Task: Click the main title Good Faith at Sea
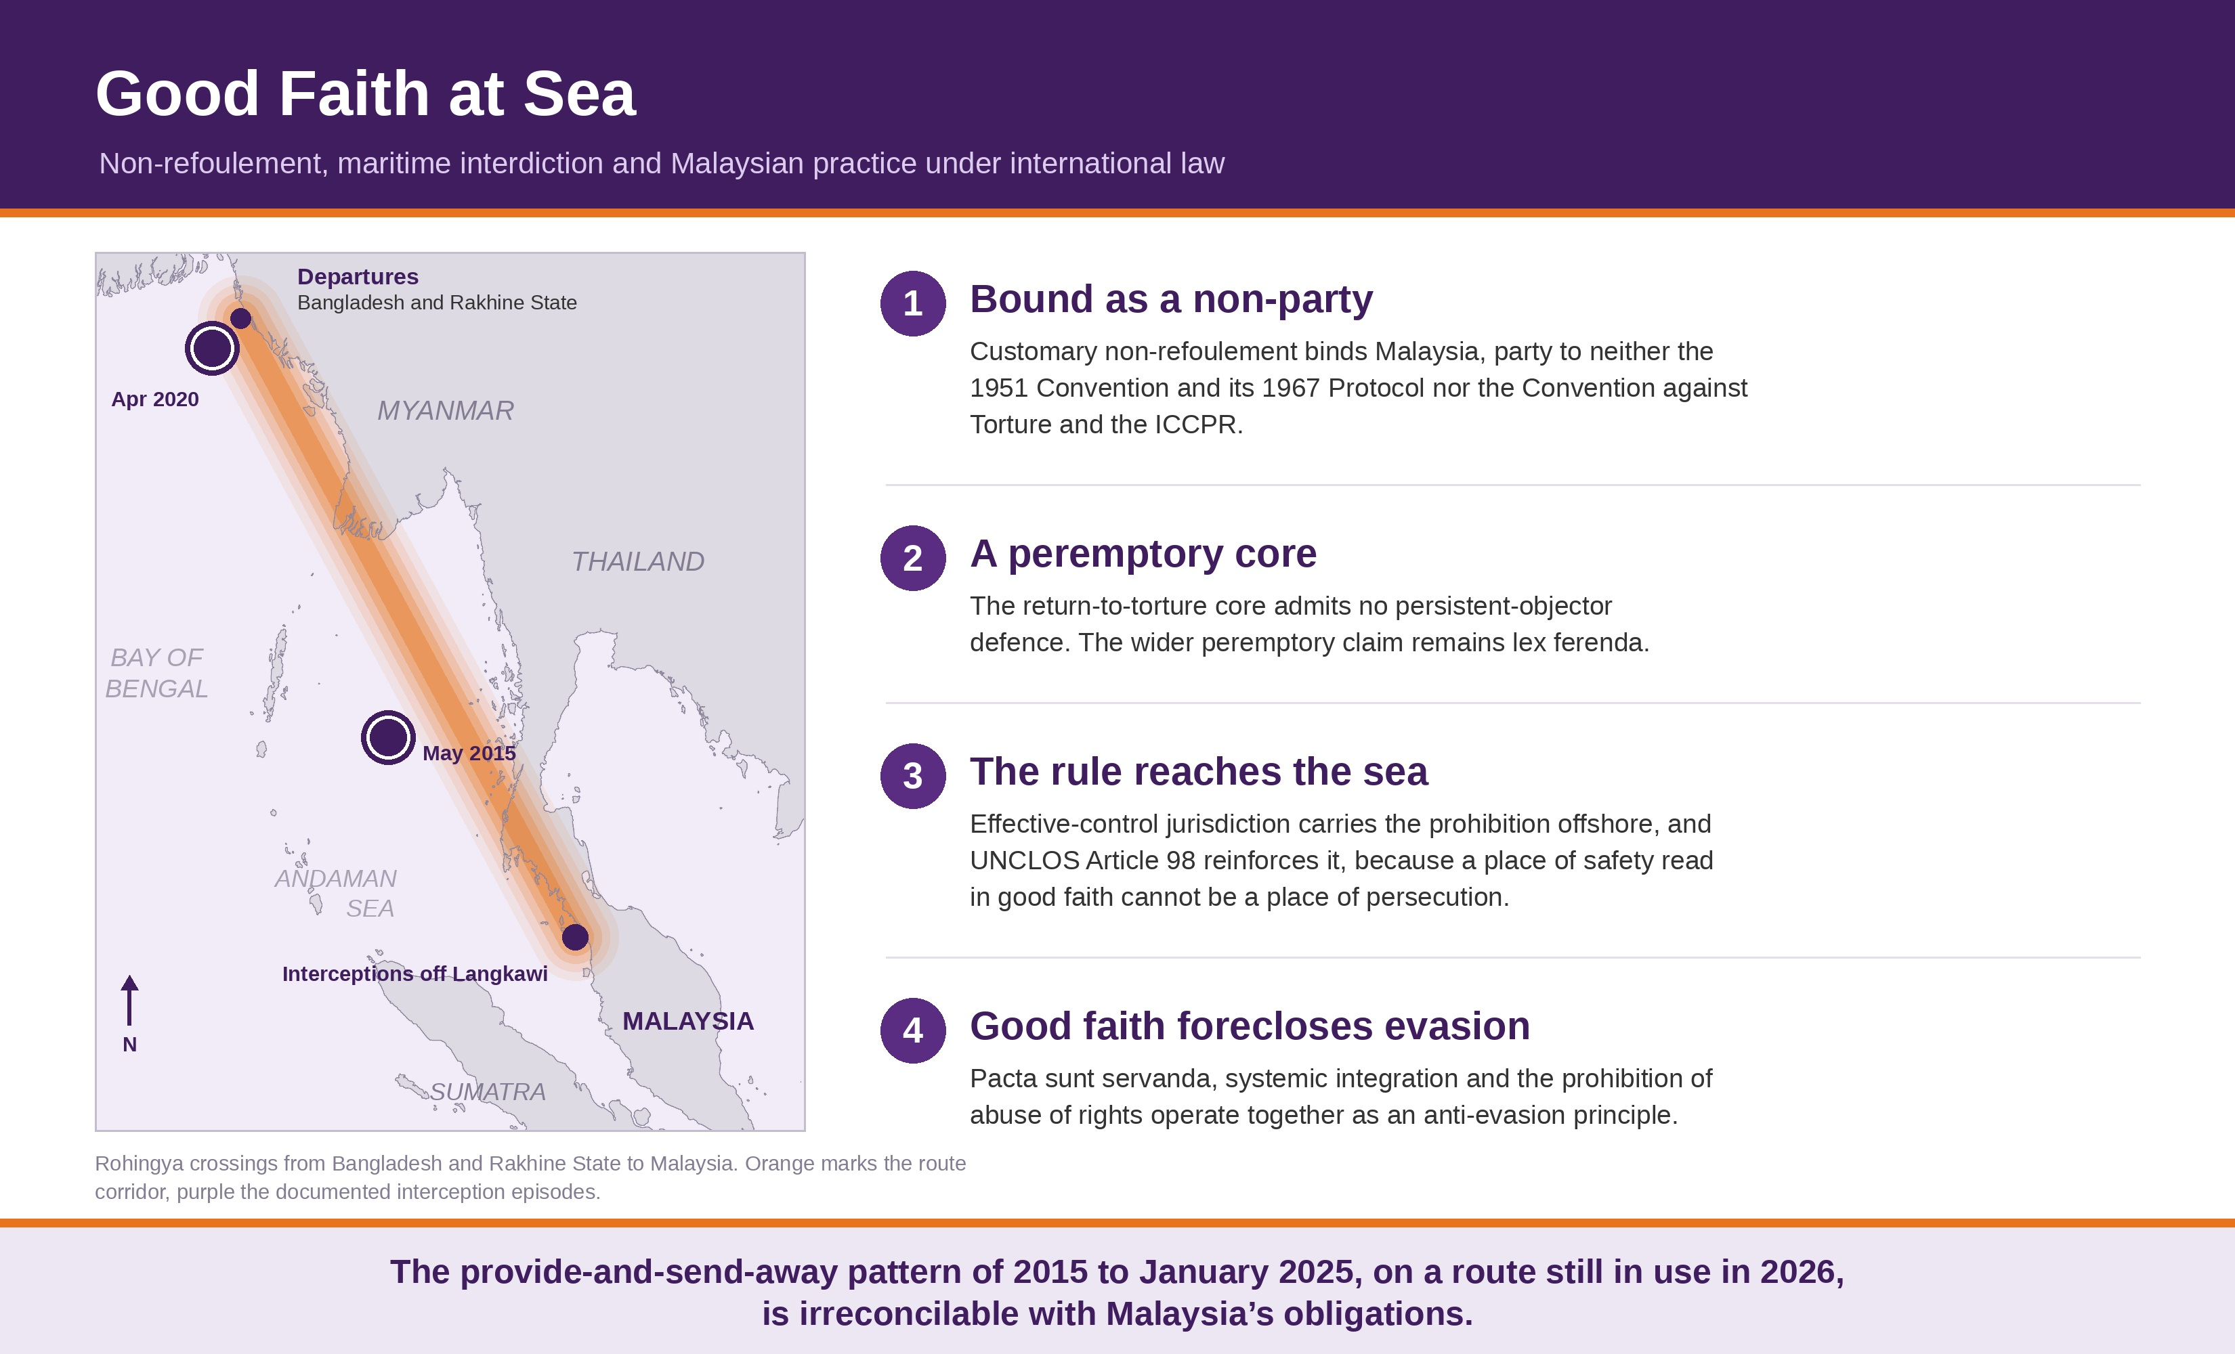point(366,93)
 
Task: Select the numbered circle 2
point(912,558)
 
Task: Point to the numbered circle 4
point(912,1030)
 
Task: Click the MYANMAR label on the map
point(446,411)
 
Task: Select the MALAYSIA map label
point(687,1021)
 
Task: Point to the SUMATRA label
point(488,1092)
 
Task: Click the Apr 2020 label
point(155,399)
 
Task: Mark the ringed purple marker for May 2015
point(388,737)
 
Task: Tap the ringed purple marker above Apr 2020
point(212,348)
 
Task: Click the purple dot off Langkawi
point(575,937)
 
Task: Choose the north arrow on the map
point(130,1001)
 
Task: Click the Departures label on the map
point(358,277)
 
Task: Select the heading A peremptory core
point(1143,553)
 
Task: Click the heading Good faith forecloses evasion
point(1250,1026)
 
